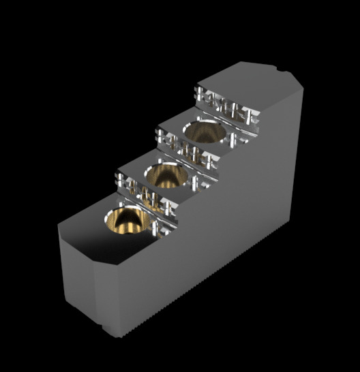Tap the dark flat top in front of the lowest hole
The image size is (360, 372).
82,232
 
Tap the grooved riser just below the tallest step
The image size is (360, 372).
225,109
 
